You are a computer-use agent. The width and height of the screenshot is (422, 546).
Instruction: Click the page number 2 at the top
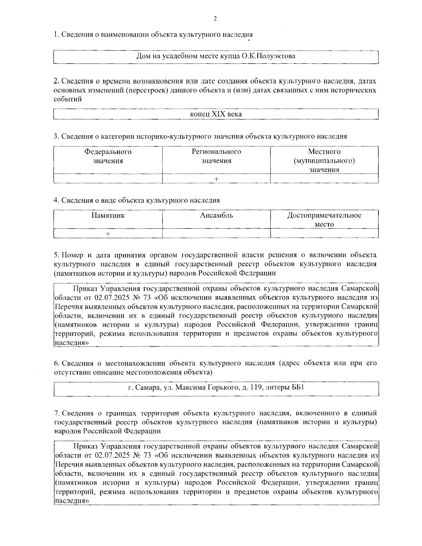215,19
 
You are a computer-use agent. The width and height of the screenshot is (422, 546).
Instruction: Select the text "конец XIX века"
216,114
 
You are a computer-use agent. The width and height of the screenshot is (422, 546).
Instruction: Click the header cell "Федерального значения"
108,156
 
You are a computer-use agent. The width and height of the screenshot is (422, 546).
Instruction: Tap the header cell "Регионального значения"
216,156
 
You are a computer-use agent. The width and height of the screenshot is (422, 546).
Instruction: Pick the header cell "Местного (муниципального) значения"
324,161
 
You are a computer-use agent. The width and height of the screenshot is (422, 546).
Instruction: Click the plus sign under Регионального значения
216,179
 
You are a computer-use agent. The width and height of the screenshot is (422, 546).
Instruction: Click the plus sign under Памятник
108,233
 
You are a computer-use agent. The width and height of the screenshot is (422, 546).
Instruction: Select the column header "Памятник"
108,216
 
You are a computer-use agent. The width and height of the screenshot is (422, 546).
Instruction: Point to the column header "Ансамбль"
216,216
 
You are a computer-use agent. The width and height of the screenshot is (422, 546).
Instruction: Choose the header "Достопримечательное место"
324,220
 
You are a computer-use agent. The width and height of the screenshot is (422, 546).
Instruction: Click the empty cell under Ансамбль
216,233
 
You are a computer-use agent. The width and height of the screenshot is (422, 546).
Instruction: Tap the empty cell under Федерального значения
108,179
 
